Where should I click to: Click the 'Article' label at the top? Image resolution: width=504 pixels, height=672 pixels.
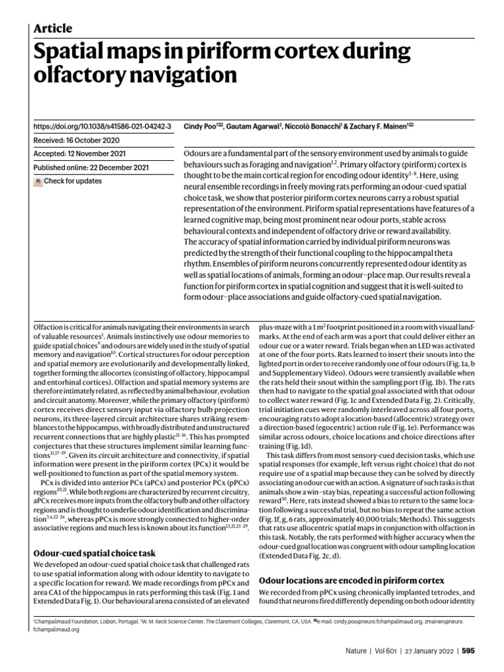coord(52,28)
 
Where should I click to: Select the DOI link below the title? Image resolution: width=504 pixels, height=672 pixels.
coord(102,126)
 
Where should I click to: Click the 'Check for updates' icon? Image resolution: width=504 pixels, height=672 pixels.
coord(38,181)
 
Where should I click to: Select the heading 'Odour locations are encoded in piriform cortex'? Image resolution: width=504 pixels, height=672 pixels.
coord(352,581)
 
